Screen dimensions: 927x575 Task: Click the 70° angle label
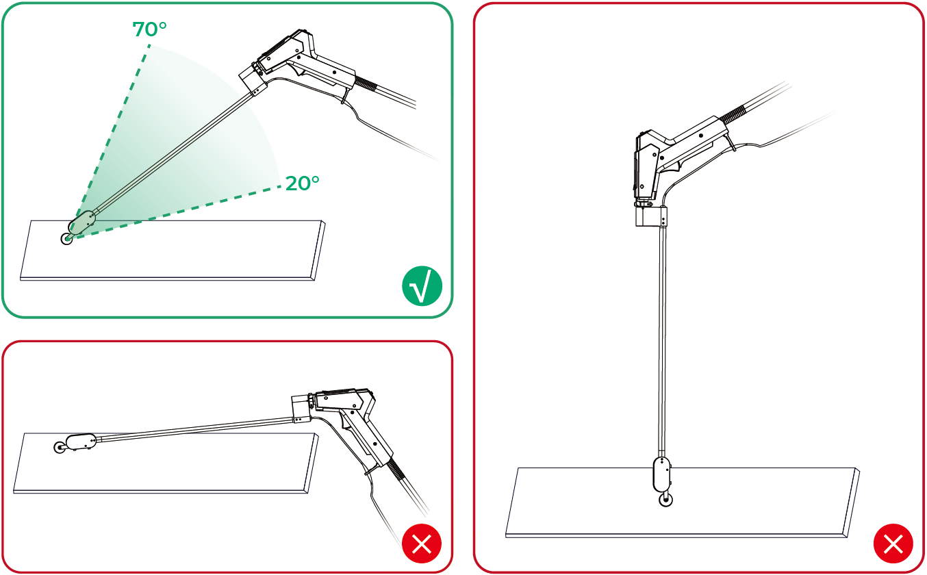tap(149, 29)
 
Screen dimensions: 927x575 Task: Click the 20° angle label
tap(303, 183)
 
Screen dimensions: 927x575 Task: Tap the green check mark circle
tap(422, 286)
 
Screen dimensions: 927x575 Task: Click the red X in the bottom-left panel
tap(422, 544)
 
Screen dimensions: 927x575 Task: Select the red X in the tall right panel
tap(893, 544)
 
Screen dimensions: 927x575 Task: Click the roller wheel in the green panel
tap(66, 239)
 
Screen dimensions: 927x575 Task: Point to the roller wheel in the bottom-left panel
tap(60, 447)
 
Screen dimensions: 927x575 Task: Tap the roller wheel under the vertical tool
tap(665, 500)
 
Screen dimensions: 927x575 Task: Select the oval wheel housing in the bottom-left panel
tap(81, 442)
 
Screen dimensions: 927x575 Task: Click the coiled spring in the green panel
tap(366, 84)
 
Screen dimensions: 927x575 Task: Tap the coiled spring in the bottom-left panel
tap(395, 470)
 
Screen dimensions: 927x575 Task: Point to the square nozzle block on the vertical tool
tap(651, 216)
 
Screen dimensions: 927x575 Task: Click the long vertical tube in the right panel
tap(663, 340)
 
